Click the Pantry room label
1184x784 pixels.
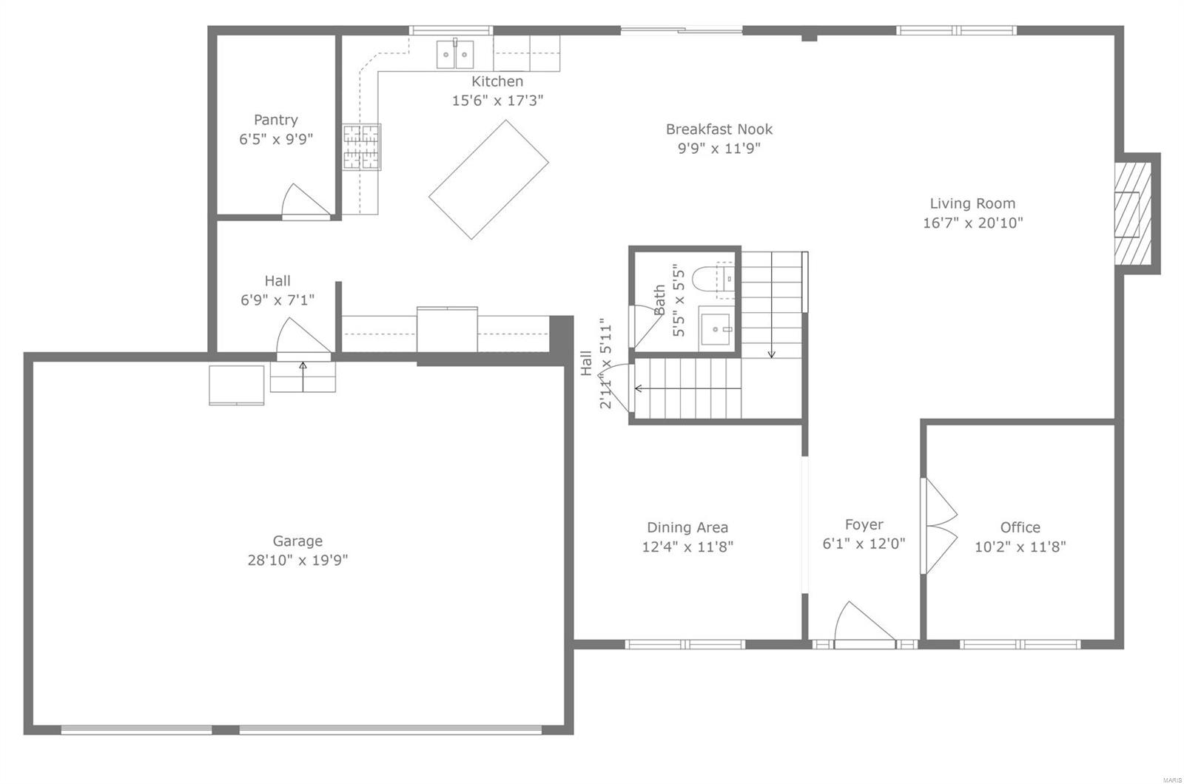coord(276,120)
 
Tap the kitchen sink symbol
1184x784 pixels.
coord(454,54)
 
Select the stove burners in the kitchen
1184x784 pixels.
coord(361,147)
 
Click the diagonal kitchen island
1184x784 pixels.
coord(488,180)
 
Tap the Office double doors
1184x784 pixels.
coord(938,526)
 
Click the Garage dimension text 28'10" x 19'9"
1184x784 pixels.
coord(297,560)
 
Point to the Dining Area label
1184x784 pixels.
coord(687,527)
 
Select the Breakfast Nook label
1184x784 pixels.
coord(719,129)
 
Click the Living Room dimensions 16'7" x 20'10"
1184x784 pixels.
coord(972,223)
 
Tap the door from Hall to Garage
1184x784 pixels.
coord(302,340)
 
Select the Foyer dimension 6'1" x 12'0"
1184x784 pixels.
coord(864,544)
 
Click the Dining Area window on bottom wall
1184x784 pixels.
coord(685,644)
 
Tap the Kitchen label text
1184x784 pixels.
coord(497,81)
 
